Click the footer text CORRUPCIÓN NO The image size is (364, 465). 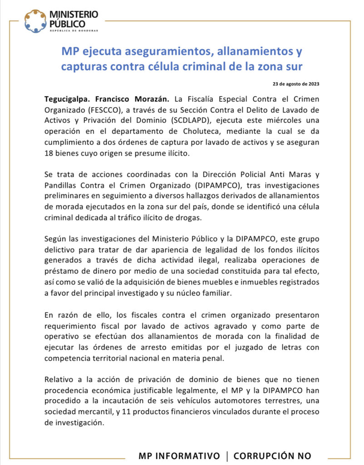coord(272,455)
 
